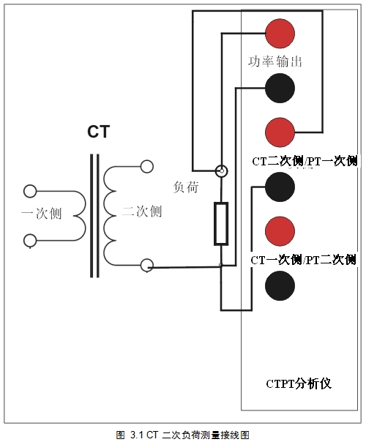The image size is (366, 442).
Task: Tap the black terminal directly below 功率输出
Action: [280, 88]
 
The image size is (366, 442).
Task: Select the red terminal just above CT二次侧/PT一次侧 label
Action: [280, 132]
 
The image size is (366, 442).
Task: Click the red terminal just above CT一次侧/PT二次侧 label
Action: [280, 231]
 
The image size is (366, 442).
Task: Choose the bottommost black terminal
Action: [280, 285]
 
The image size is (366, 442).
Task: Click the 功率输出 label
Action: [275, 61]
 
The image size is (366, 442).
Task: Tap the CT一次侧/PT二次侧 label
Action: [303, 260]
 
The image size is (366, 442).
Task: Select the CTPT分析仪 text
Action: [299, 383]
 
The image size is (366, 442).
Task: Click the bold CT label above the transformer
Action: [98, 132]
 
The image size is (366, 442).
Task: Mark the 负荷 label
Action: [185, 187]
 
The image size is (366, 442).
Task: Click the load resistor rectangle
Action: [221, 224]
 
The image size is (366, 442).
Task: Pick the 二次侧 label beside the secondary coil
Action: [142, 212]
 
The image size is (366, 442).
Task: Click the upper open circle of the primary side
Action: [30, 192]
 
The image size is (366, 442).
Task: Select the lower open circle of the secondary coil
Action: [146, 265]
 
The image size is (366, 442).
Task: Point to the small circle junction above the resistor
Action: [220, 171]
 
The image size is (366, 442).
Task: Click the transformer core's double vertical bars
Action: [94, 216]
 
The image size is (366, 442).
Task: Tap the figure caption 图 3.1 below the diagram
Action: [183, 434]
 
